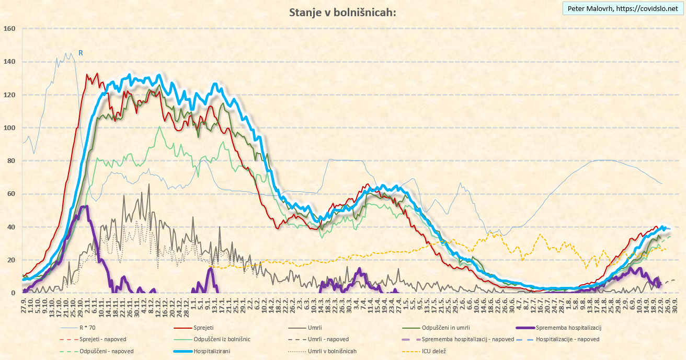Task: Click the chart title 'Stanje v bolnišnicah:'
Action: coord(342,13)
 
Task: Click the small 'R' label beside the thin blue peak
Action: coord(81,53)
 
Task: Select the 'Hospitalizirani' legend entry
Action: coord(212,351)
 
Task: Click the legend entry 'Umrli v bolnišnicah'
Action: coord(332,351)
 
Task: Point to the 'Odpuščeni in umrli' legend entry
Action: coord(439,328)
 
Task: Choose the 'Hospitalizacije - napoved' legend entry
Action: coord(567,340)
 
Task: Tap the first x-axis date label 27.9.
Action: coord(24,304)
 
